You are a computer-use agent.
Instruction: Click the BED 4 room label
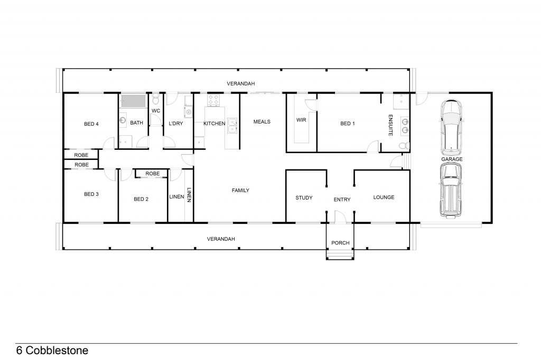(91, 124)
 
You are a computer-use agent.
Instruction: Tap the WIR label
(301, 120)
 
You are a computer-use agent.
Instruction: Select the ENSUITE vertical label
(390, 125)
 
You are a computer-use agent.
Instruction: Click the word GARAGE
(452, 159)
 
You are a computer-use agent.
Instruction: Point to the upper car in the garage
(452, 126)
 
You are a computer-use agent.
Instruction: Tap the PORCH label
(340, 243)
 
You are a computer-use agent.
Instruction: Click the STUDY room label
(304, 198)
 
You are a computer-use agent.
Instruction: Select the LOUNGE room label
(384, 197)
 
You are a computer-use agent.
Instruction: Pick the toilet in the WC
(156, 100)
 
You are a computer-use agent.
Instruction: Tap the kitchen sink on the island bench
(232, 125)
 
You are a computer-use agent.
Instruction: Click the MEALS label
(262, 122)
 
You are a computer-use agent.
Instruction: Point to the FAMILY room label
(240, 191)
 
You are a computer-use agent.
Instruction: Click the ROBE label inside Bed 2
(153, 174)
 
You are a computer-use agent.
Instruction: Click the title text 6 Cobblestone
(52, 350)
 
